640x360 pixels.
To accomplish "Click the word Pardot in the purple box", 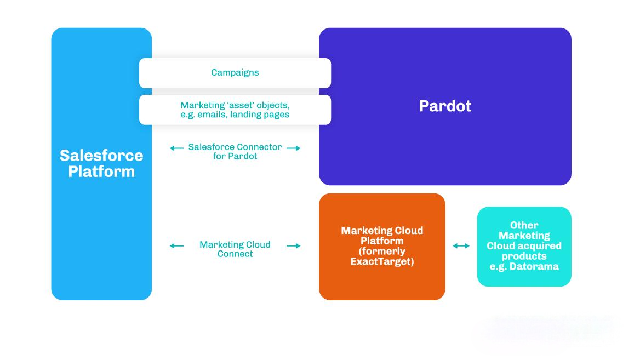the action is (445, 106).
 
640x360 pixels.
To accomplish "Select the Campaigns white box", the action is (235, 73).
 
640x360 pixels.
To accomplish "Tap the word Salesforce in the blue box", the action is (101, 156).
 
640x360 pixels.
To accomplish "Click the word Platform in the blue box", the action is (101, 172).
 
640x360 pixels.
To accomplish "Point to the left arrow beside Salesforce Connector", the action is (176, 148).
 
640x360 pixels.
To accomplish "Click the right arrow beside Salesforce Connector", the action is (294, 148).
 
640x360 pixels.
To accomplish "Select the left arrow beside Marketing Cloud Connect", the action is (176, 245).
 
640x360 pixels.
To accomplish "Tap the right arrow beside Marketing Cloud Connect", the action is (294, 245).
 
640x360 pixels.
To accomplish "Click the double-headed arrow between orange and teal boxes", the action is (461, 245).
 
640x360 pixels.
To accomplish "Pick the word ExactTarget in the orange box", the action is (382, 261).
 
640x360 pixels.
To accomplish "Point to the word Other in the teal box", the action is (524, 225).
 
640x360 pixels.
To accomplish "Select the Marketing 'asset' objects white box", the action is (235, 110).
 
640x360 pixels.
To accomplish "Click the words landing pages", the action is (260, 115).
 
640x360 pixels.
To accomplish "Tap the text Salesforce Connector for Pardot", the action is (235, 151).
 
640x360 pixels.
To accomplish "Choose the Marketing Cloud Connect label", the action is (235, 249).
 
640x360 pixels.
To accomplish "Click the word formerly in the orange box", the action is (382, 252).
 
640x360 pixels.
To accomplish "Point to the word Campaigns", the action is (235, 73).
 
